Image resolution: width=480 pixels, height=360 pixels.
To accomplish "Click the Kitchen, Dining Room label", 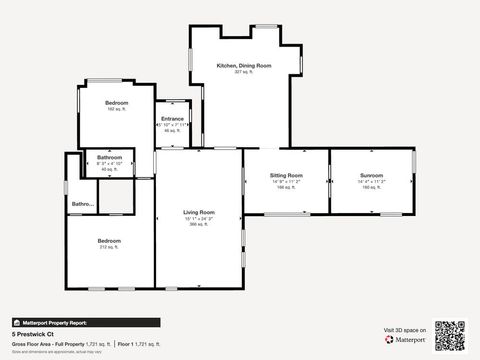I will click(244, 66).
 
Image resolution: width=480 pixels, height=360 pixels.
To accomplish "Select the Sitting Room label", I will click(286, 175).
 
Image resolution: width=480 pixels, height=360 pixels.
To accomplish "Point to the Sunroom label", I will click(371, 175).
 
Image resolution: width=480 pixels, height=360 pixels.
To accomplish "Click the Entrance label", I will click(172, 119).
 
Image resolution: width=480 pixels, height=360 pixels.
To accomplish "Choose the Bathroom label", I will click(109, 158).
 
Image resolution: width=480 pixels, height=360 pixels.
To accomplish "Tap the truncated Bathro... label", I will click(82, 205).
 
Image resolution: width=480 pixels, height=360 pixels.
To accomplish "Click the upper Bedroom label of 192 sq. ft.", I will click(116, 103).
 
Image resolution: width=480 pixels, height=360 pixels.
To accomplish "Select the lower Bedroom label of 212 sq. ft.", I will click(109, 241).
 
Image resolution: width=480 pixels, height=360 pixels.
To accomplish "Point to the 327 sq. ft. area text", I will click(244, 72).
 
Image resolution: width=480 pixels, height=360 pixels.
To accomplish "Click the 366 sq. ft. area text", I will click(198, 224).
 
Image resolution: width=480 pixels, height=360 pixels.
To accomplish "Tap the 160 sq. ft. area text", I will click(371, 187).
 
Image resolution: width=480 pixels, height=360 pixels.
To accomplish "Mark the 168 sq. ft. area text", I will click(286, 187).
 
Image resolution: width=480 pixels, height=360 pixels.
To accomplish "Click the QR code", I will click(450, 334).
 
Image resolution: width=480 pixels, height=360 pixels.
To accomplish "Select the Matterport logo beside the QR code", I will click(406, 339).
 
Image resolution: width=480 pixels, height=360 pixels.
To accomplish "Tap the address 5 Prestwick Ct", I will click(32, 334).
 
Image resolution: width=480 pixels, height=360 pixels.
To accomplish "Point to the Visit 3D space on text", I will click(405, 329).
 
